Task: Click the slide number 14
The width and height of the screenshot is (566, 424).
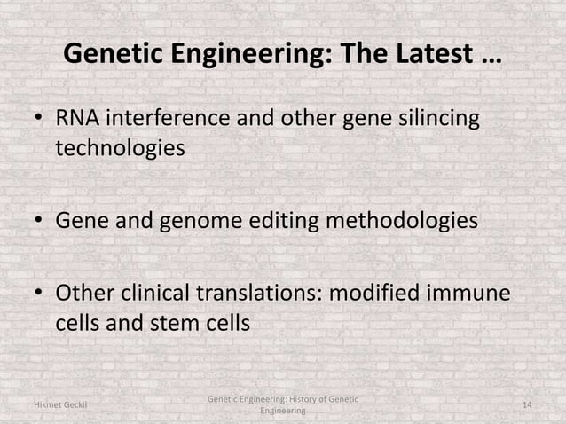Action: point(527,405)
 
